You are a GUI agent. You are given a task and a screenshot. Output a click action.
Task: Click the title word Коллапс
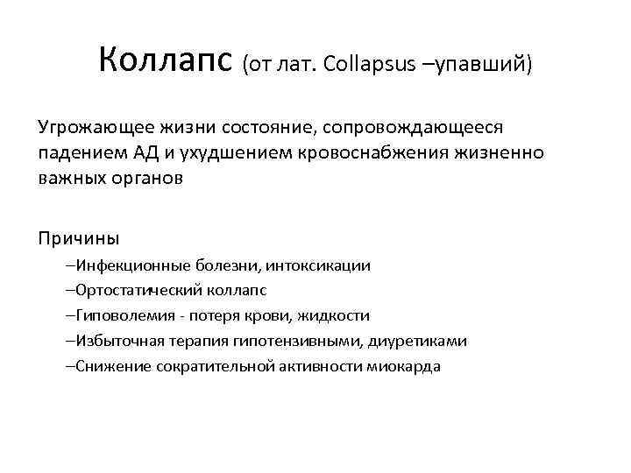166,60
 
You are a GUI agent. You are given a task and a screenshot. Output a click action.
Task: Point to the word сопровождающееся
413,129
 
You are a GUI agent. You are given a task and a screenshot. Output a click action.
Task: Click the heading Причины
78,237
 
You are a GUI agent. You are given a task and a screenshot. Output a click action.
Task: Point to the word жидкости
337,315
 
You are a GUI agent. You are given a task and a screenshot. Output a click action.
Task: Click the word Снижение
110,366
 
